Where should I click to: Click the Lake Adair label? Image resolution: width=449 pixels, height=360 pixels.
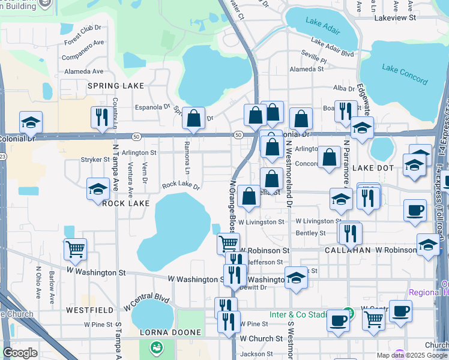(322, 23)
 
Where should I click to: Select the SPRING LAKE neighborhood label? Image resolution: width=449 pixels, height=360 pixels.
(116, 86)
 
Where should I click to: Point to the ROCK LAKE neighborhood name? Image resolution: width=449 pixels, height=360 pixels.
(125, 203)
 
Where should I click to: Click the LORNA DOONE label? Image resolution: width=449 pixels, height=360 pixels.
(163, 332)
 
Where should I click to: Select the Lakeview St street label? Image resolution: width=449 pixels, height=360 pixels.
(395, 18)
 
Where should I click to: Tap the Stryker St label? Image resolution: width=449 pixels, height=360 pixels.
(95, 160)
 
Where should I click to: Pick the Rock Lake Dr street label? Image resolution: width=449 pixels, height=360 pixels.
(181, 185)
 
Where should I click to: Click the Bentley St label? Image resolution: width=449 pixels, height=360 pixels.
(310, 233)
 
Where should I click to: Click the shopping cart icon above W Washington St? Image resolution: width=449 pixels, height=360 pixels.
(75, 248)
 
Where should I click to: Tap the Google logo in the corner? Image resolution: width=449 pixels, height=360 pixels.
(20, 353)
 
